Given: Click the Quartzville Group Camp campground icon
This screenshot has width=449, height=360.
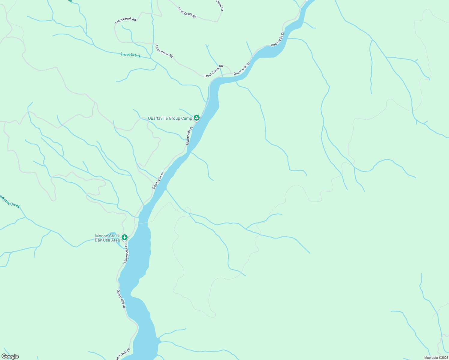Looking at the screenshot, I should tap(196, 118).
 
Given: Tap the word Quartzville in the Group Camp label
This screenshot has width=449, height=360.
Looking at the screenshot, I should tap(158, 118).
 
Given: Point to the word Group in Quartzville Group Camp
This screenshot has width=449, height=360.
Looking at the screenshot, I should tap(175, 118).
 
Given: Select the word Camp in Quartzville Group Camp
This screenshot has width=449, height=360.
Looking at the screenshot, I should tap(187, 118).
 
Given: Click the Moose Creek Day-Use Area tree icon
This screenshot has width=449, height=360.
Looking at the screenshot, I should tap(124, 237).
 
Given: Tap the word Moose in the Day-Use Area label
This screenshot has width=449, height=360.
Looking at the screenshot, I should tap(101, 236).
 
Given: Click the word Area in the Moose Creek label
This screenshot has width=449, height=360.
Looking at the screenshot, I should tap(116, 240).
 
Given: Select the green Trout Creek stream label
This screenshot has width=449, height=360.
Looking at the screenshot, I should tap(131, 55).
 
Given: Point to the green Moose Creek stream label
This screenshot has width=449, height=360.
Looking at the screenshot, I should tap(10, 202).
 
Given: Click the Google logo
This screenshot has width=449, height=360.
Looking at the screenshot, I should tap(10, 356).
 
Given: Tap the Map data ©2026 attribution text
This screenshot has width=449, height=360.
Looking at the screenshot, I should tap(436, 358).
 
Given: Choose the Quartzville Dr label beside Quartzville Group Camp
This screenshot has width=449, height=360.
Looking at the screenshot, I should tap(189, 136).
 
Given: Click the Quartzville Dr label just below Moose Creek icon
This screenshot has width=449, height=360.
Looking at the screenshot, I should tap(126, 253).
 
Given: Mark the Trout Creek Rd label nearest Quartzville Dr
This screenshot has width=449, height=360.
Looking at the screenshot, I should tap(213, 71).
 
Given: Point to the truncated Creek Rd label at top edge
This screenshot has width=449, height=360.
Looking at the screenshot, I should tap(219, 5).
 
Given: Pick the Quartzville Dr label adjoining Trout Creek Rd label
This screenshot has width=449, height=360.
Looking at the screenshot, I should tap(242, 69).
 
